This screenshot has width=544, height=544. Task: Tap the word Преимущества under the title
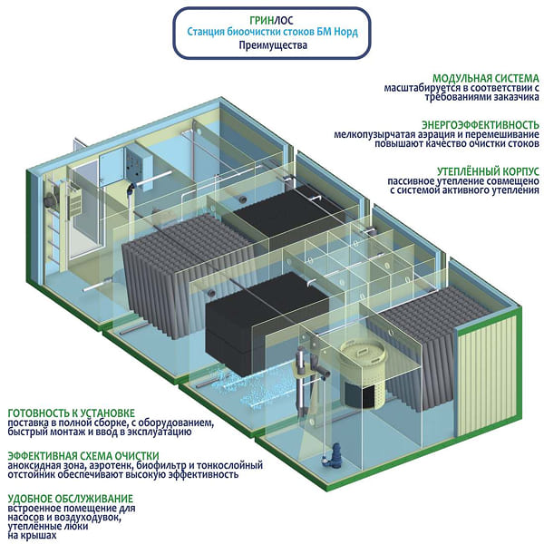(x=272, y=44)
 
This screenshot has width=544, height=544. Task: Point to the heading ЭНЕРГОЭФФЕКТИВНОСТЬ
(x=481, y=123)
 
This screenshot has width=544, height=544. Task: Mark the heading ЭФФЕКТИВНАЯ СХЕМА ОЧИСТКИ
(x=83, y=455)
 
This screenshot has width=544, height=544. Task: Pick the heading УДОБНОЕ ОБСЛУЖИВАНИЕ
(x=70, y=498)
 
